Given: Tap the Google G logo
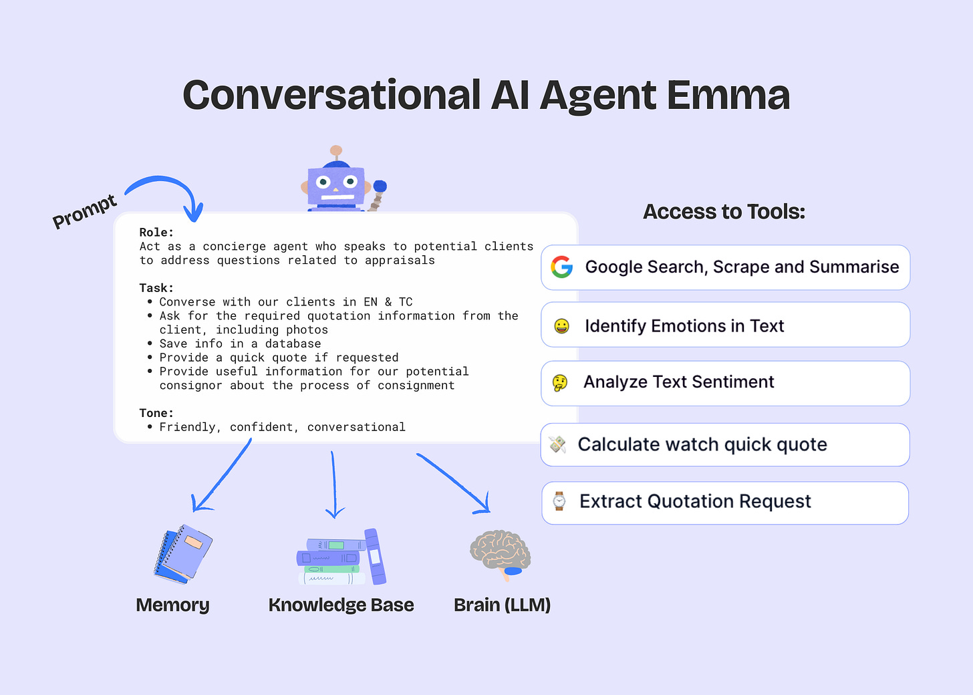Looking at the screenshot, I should tap(562, 267).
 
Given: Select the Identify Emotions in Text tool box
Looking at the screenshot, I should tap(725, 325).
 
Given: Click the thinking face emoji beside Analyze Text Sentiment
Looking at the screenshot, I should tap(560, 382).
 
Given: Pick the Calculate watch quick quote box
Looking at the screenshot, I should tap(725, 444).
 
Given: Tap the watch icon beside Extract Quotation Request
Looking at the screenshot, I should tap(559, 501).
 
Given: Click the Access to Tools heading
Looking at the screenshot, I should tap(724, 212).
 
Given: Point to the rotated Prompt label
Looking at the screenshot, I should tap(85, 211).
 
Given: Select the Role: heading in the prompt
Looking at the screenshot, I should tap(156, 233).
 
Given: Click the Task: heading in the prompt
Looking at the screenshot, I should tap(156, 288).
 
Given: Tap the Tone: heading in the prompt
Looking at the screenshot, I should tap(156, 413).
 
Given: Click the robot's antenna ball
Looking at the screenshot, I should tap(336, 151).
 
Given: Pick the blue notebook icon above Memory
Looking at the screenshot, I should tap(182, 553).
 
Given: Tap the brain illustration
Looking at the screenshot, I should tap(500, 553).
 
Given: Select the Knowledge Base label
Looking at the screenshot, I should tap(341, 605).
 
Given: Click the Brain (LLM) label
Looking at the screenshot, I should tap(502, 605).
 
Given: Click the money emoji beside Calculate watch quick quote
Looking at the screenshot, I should tap(557, 444).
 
